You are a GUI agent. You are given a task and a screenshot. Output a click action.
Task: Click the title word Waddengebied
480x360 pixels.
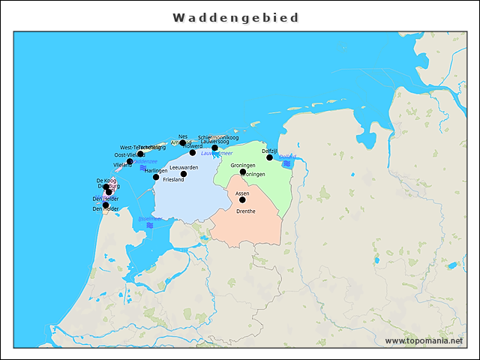[235, 17]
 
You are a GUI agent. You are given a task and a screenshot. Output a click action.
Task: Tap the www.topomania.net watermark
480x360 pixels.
[423, 340]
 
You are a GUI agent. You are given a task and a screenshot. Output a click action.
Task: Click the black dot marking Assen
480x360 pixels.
[242, 200]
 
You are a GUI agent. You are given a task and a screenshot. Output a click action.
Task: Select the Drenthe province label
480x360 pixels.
[245, 211]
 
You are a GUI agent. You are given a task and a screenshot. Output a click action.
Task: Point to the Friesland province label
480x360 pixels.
[172, 180]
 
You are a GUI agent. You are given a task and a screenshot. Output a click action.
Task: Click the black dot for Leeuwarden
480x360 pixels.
[184, 174]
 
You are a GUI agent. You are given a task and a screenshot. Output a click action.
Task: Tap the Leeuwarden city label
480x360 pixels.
[184, 167]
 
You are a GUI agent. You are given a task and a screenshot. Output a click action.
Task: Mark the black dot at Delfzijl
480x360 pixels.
[270, 157]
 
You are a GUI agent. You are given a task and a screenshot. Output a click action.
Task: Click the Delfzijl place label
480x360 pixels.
[269, 151]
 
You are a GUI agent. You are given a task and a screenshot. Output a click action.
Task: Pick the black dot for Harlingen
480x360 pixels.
[156, 177]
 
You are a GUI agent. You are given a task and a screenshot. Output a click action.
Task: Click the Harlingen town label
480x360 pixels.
[156, 171]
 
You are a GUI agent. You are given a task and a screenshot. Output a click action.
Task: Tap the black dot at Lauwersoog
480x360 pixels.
[214, 148]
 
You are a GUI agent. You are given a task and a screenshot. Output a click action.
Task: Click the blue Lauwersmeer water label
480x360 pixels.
[217, 154]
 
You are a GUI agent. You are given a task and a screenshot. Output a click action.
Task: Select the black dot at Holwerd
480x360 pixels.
[193, 152]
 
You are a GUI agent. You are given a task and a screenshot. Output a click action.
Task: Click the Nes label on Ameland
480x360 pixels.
[183, 136]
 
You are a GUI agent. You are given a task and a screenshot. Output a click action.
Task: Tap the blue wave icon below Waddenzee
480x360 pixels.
[143, 168]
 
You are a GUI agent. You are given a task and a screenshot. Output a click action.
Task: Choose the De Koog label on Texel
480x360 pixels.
[106, 181]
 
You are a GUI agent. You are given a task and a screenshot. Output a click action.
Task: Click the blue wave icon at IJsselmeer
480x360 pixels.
[150, 225]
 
